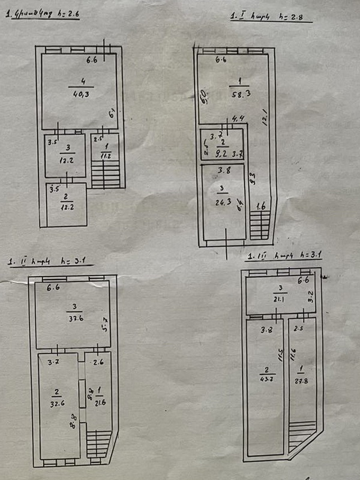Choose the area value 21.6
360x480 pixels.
(99, 400)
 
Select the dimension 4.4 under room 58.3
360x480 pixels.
(238, 119)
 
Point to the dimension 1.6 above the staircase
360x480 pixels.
(260, 207)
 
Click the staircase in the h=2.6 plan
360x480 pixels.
(106, 173)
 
